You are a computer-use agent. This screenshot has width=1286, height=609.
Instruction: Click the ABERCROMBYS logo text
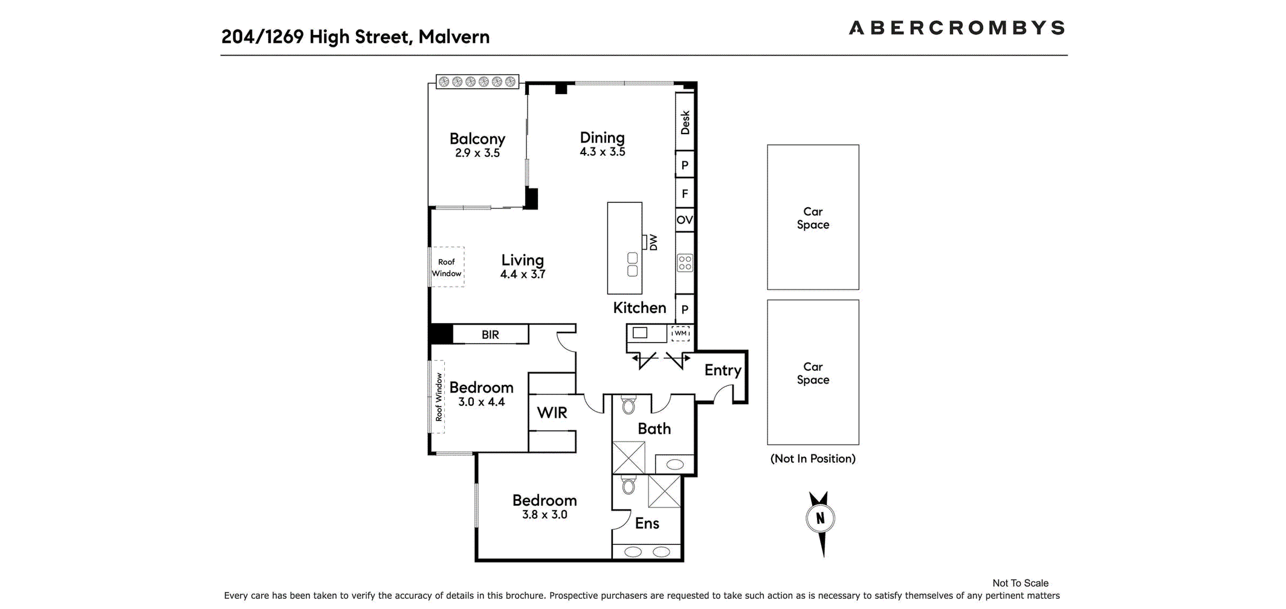click(956, 28)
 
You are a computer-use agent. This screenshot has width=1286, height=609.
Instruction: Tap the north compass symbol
click(820, 519)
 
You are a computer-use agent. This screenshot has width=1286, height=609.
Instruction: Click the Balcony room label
click(477, 139)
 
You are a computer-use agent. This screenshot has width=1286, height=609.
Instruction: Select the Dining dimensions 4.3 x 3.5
click(602, 152)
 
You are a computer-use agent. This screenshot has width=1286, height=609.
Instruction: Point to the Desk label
click(685, 122)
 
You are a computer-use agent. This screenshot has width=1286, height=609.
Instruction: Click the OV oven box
click(684, 220)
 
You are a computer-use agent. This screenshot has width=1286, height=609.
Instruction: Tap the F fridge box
click(684, 193)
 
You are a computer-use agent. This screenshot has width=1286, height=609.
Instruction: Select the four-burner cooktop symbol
click(685, 263)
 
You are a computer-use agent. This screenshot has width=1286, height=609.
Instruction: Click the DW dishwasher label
click(653, 242)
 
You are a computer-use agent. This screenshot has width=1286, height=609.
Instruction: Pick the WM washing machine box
click(680, 333)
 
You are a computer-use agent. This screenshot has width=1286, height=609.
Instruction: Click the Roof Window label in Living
click(447, 267)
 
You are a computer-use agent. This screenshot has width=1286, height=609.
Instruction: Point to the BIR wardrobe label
click(490, 335)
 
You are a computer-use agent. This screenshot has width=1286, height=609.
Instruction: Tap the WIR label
click(552, 413)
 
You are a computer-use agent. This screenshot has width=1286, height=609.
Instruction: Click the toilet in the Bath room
click(628, 405)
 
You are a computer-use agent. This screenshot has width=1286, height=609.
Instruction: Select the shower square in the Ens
click(664, 491)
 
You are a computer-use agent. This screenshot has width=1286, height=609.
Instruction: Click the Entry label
click(722, 370)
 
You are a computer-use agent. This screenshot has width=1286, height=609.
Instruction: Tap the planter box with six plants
click(477, 82)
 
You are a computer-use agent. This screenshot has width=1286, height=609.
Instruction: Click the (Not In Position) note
click(813, 459)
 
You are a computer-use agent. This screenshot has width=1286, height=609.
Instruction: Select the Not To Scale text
click(1020, 583)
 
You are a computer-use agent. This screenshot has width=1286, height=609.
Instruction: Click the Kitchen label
click(639, 308)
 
